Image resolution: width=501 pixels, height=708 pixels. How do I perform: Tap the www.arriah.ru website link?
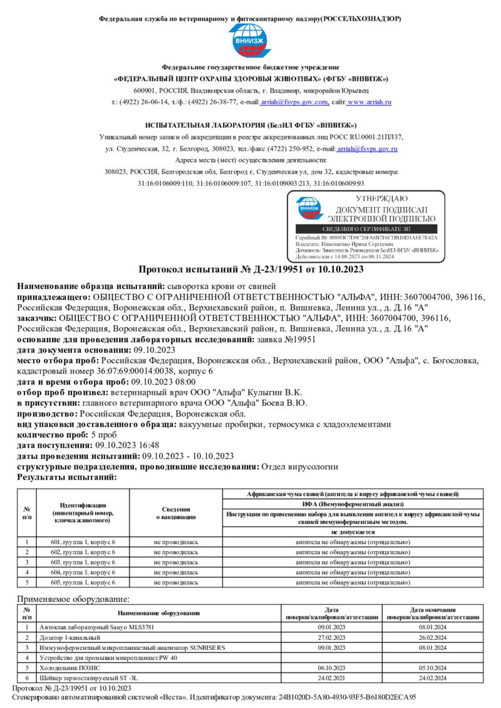pyautogui.click(x=369, y=102)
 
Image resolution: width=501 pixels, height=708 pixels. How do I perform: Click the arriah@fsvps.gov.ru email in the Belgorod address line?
pyautogui.click(x=367, y=149)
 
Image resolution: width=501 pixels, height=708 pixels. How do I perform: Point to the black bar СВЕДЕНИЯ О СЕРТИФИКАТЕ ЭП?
pyautogui.click(x=365, y=230)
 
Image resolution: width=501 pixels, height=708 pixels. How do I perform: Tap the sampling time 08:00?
pyautogui.click(x=185, y=382)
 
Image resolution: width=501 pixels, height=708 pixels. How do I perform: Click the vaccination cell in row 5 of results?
pyautogui.click(x=175, y=582)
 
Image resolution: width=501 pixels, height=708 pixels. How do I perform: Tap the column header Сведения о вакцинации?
pyautogui.click(x=175, y=513)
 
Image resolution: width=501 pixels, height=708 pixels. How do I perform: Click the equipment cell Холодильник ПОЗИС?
pyautogui.click(x=63, y=668)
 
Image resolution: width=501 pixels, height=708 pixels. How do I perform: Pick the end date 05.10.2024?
pyautogui.click(x=433, y=668)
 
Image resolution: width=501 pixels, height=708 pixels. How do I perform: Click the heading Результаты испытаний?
pyautogui.click(x=67, y=477)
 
